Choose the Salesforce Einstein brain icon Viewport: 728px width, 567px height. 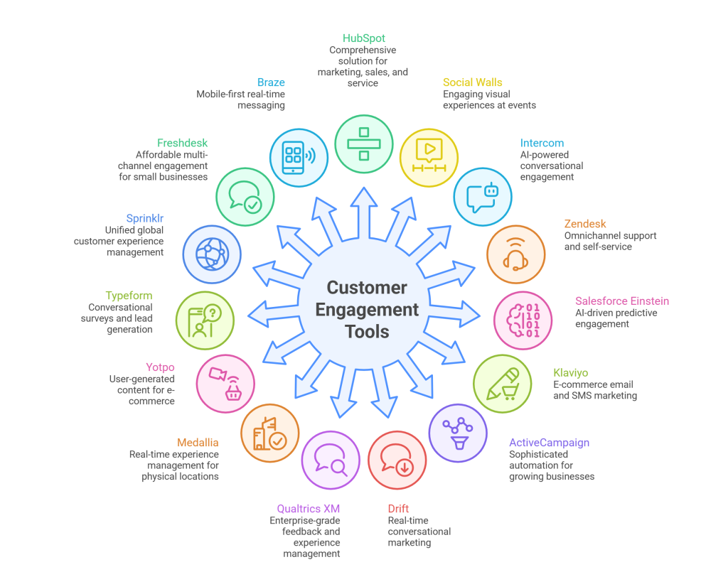click(523, 320)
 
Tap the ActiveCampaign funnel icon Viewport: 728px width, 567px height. click(458, 433)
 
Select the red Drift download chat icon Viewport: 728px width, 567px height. click(397, 460)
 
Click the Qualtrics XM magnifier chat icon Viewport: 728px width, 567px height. click(331, 460)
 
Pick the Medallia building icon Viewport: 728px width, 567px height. click(270, 433)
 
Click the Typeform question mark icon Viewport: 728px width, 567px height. click(205, 320)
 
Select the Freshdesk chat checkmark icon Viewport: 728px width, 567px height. click(245, 197)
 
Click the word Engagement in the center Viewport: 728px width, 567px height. click(367, 310)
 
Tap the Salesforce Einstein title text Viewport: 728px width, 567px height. click(621, 301)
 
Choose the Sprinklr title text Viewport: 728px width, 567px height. click(145, 218)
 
